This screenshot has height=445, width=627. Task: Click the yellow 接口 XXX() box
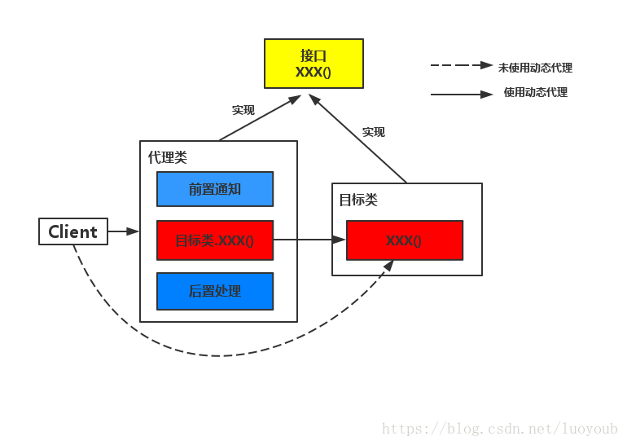313,64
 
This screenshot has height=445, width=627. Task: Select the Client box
73,231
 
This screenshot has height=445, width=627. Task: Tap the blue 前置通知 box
215,189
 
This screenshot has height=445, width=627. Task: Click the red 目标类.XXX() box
215,240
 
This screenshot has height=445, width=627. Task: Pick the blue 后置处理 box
215,291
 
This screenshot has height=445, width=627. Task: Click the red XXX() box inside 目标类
405,240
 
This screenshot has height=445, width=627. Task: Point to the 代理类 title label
168,157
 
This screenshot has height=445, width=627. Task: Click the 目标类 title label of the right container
358,200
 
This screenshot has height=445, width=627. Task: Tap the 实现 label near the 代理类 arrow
243,110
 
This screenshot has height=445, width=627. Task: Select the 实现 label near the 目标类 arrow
374,132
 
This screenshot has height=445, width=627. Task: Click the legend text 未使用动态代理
535,68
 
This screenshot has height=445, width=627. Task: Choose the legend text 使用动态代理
536,92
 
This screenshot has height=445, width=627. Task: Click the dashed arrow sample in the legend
462,65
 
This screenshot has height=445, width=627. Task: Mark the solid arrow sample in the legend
462,95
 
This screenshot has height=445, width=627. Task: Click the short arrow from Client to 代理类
123,231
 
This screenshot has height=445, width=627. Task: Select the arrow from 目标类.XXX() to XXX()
309,240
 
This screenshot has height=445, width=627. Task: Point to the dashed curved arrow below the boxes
216,355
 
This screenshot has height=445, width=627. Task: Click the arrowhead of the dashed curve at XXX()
389,266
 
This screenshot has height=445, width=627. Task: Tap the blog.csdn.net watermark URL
500,429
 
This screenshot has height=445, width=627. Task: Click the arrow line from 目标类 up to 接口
358,139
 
